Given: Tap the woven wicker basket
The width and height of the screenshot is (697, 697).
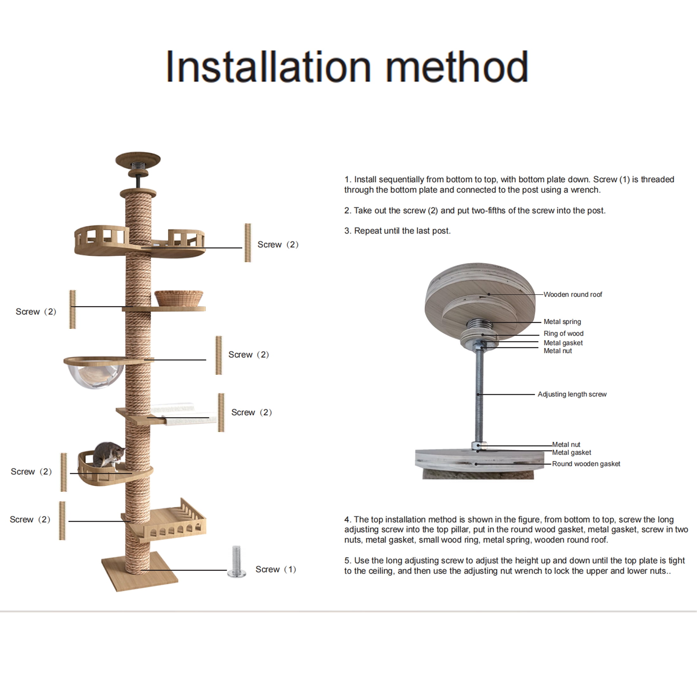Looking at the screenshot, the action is (179, 298).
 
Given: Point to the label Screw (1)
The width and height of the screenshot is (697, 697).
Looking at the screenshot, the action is (276, 569).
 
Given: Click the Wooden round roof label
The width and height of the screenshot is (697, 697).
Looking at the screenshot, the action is (572, 294).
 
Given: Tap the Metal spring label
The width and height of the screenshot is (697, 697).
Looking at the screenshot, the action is (562, 322).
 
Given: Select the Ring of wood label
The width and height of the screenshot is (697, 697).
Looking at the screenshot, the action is (563, 333).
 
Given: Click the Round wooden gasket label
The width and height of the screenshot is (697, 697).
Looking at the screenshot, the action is (586, 464).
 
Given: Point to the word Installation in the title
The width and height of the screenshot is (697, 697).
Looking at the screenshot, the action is (268, 67).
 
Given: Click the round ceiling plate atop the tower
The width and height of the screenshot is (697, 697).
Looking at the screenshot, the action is (138, 159).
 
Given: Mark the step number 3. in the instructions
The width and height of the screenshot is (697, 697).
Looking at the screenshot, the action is (348, 231).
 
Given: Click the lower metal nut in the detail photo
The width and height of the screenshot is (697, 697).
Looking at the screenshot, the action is (479, 445).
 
